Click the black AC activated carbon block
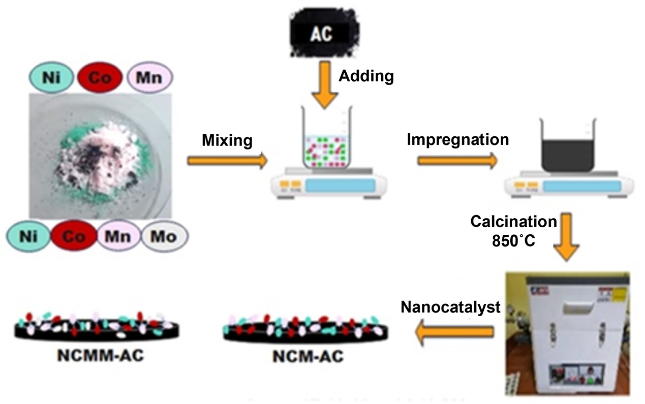click(x=324, y=33)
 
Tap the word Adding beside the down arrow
click(x=366, y=76)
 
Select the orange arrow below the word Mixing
click(x=227, y=161)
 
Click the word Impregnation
click(x=458, y=139)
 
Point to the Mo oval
click(x=164, y=236)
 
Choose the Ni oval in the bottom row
click(x=28, y=236)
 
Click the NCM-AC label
click(x=308, y=356)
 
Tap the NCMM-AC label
click(x=100, y=355)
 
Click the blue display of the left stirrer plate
click(x=340, y=185)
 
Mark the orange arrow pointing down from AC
click(x=325, y=84)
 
